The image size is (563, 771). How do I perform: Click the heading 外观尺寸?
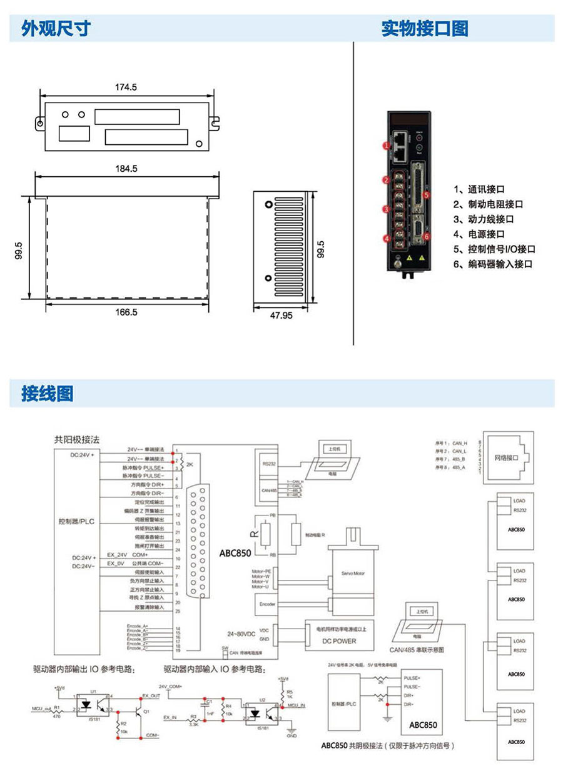[x=56, y=28]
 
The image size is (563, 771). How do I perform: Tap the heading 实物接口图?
[x=425, y=28]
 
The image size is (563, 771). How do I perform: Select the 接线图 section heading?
[x=48, y=393]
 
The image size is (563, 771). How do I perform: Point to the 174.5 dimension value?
[x=126, y=87]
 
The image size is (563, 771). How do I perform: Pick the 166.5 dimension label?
[x=126, y=312]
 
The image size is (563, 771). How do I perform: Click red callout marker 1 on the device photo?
[x=387, y=146]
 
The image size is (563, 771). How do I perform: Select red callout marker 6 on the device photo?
[x=426, y=236]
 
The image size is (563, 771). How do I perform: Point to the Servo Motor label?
[x=353, y=573]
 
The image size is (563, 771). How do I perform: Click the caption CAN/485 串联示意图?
[x=417, y=650]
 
